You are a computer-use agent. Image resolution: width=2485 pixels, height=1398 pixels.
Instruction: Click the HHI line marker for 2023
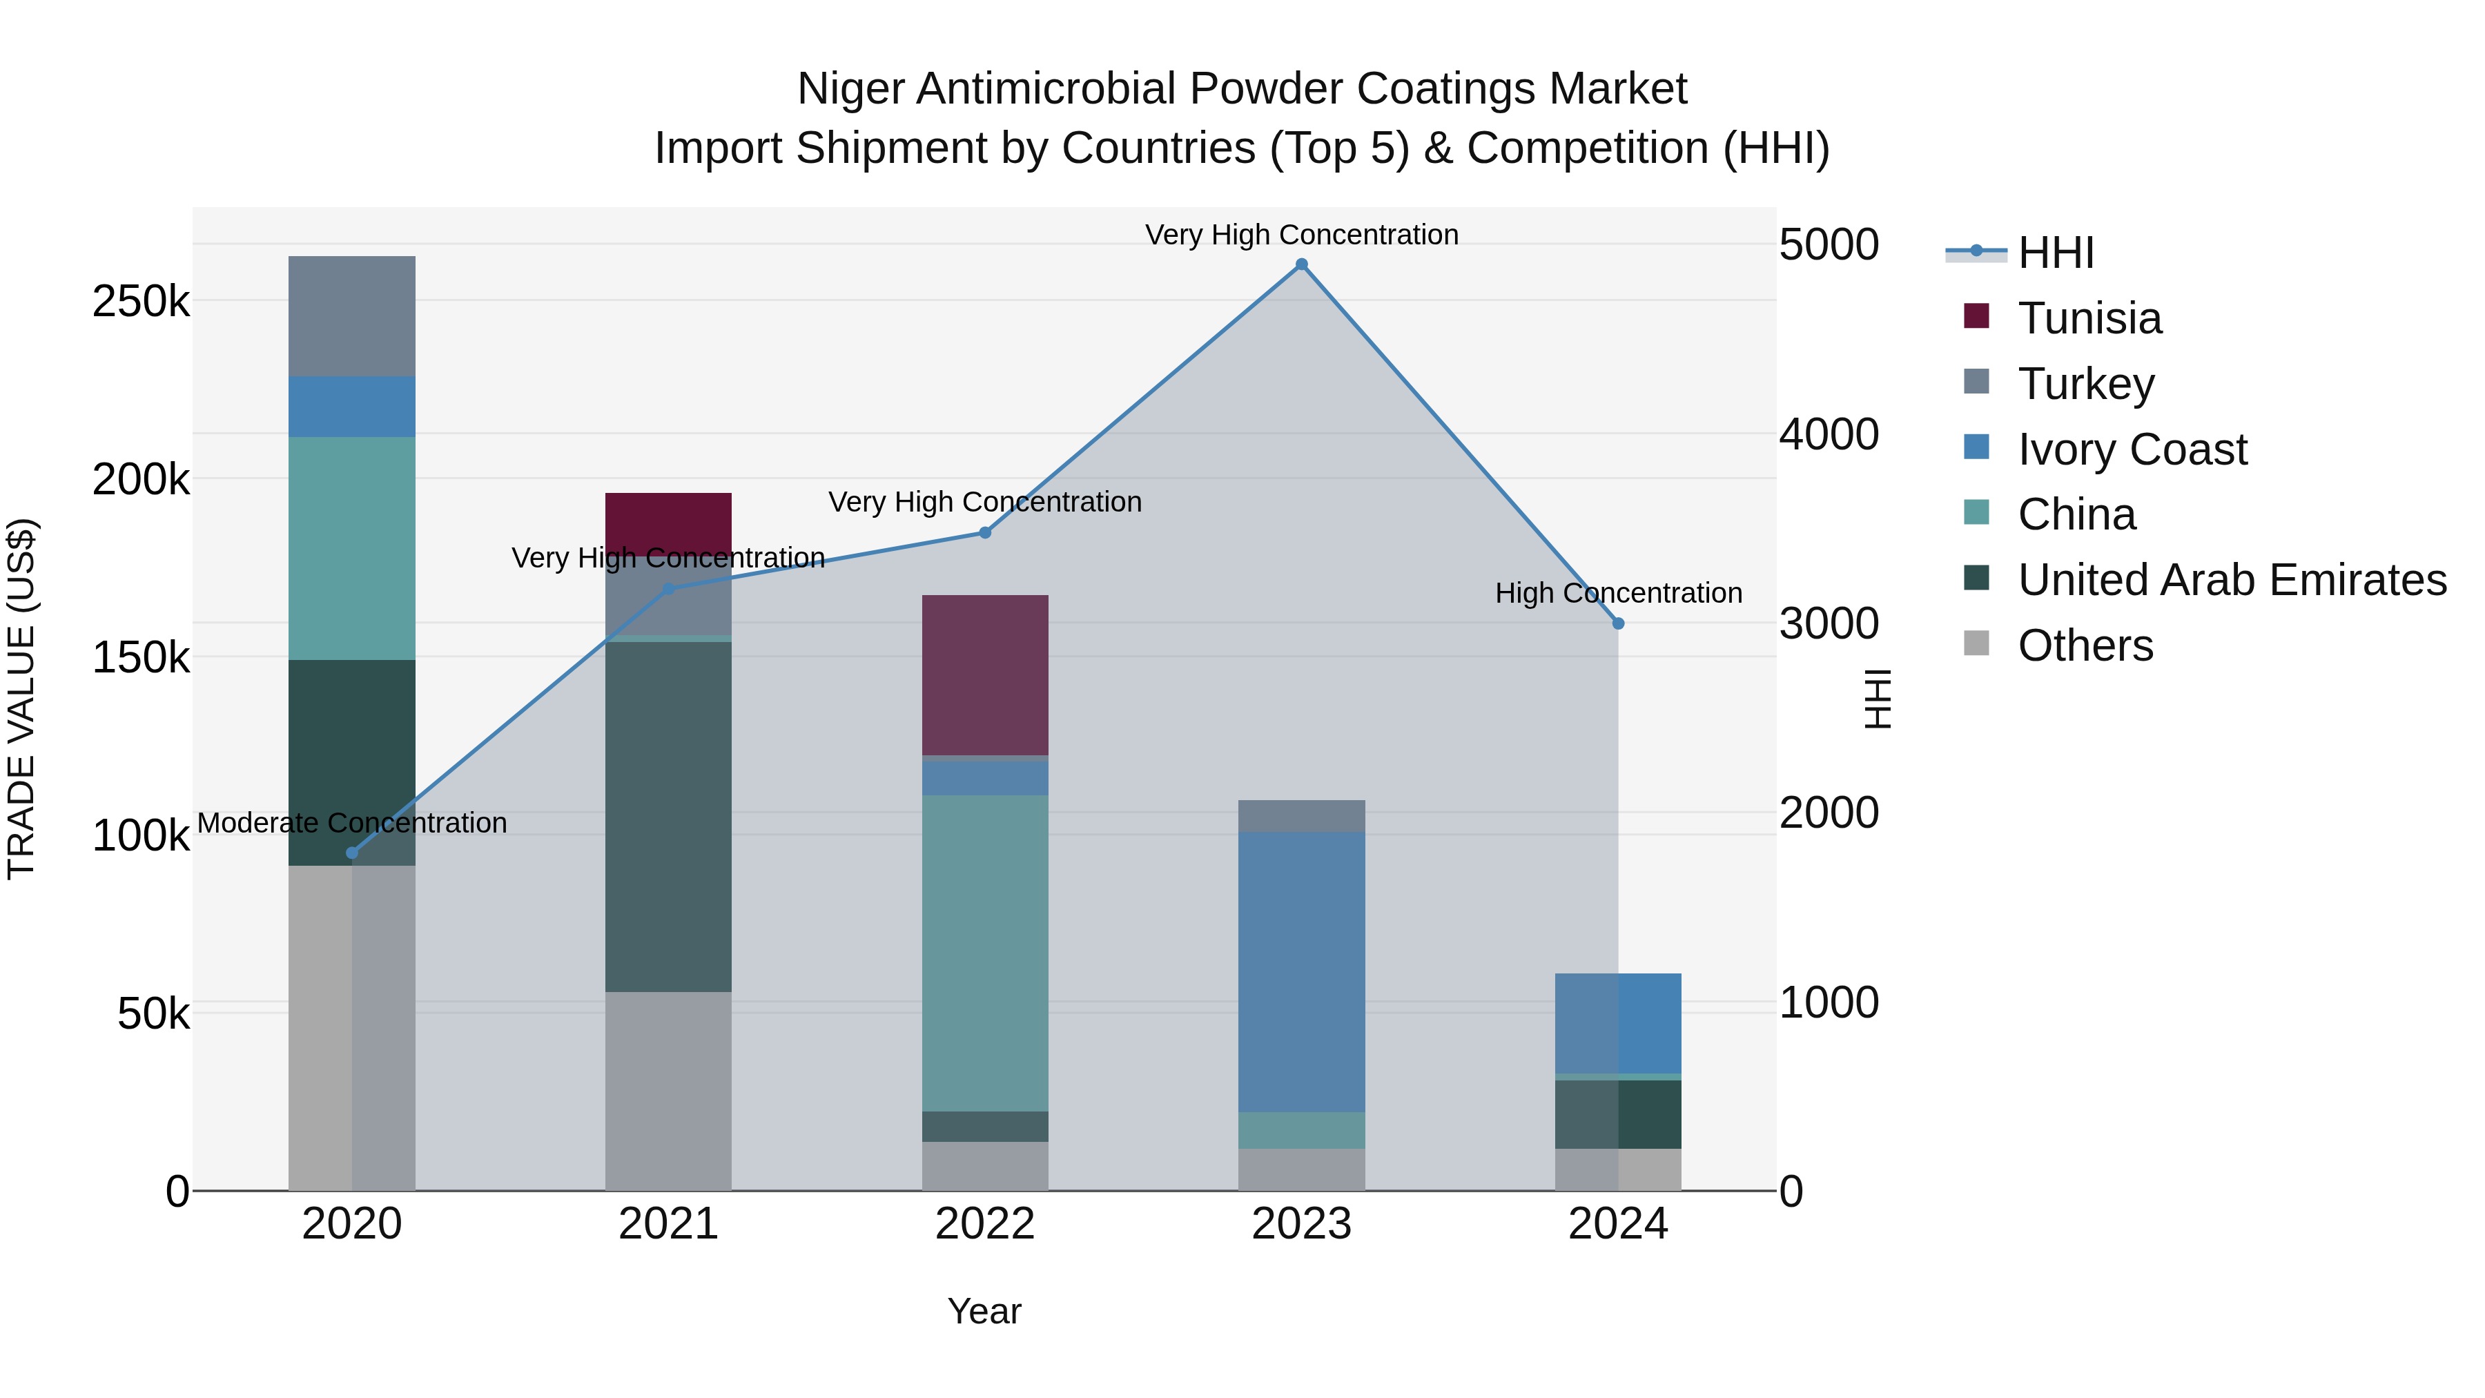tap(1301, 264)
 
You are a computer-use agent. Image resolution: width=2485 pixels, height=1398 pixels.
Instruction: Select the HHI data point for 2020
tap(352, 853)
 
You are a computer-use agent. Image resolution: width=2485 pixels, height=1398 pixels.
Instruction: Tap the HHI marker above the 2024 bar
tap(1618, 623)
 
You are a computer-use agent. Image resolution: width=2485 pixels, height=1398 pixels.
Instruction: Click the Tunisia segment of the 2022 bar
tap(985, 674)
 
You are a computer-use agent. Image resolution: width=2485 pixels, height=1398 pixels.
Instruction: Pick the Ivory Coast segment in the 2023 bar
tap(1301, 971)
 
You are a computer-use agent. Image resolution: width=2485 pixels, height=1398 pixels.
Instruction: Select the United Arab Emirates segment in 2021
tap(667, 815)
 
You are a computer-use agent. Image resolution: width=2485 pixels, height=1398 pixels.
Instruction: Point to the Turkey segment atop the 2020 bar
tap(352, 315)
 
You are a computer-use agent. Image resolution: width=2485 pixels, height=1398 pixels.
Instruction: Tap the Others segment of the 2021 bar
tap(667, 1090)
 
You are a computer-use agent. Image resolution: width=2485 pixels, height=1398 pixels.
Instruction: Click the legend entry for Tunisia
tap(2089, 318)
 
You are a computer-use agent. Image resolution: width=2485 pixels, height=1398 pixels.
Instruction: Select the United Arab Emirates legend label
tap(2230, 580)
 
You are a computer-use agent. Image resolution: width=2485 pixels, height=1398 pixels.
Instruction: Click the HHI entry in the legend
tap(2055, 253)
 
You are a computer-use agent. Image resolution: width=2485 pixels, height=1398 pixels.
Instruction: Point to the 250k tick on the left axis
tap(141, 302)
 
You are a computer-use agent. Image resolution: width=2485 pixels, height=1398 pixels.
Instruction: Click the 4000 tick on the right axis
tap(1828, 434)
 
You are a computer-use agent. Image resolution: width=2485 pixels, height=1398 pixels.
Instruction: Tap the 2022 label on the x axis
tap(985, 1224)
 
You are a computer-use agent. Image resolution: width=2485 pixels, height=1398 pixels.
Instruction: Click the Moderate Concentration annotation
tap(352, 823)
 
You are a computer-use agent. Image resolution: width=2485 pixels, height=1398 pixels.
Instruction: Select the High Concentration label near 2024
tap(1618, 593)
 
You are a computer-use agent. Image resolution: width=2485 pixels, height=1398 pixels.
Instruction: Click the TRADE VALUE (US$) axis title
tap(21, 699)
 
